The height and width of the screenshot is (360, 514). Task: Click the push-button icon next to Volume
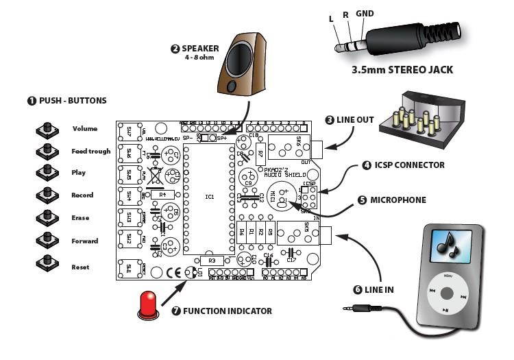coord(47,129)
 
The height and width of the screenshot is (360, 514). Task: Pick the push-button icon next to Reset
coord(47,263)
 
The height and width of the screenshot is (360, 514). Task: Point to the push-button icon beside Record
coord(47,195)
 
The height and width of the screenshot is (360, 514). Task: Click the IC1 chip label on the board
coord(210,197)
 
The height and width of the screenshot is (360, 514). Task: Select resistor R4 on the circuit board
coord(162,195)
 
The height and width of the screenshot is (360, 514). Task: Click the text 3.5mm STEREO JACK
coord(402,70)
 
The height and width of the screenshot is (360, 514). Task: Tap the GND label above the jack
coord(365,14)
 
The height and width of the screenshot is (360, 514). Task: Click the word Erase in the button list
coord(80,218)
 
